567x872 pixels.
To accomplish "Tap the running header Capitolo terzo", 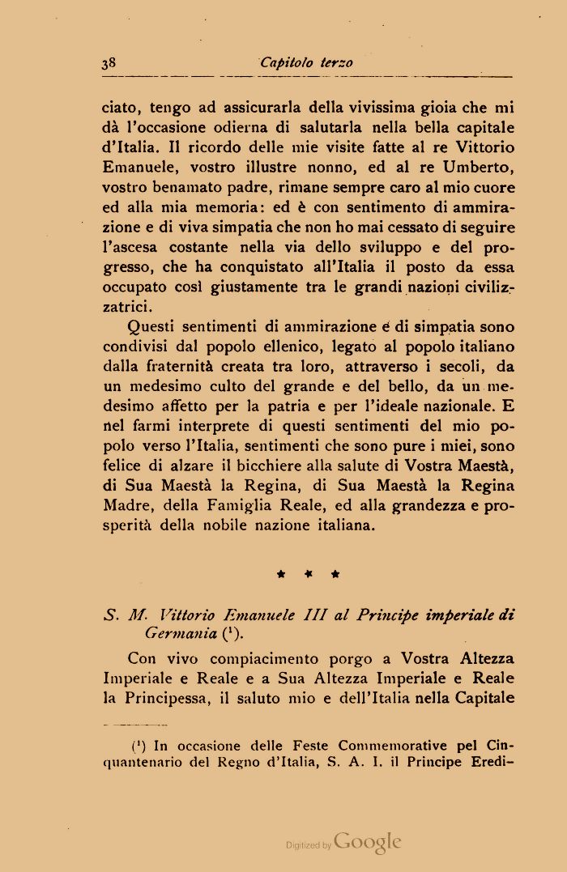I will click(x=307, y=63).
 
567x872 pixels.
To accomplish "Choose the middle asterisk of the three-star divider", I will click(x=308, y=575).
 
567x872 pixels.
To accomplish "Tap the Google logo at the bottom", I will click(x=367, y=842).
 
